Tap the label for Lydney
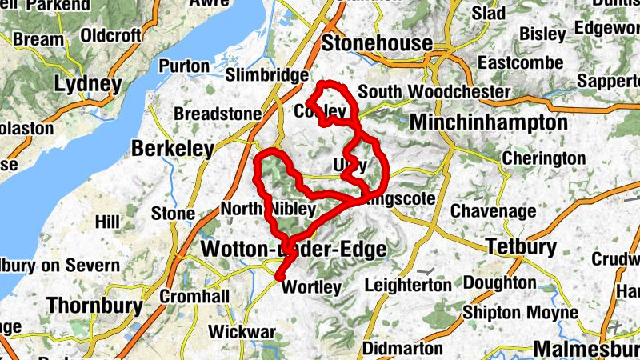[x=88, y=84]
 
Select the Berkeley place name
[x=173, y=149]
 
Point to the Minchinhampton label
[x=488, y=122]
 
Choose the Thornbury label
[x=94, y=305]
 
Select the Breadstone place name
[x=217, y=114]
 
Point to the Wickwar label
[x=242, y=331]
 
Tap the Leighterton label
[x=408, y=285]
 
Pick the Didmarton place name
[x=402, y=349]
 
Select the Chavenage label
[x=491, y=211]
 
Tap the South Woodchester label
[x=434, y=92]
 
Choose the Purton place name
[x=184, y=66]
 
